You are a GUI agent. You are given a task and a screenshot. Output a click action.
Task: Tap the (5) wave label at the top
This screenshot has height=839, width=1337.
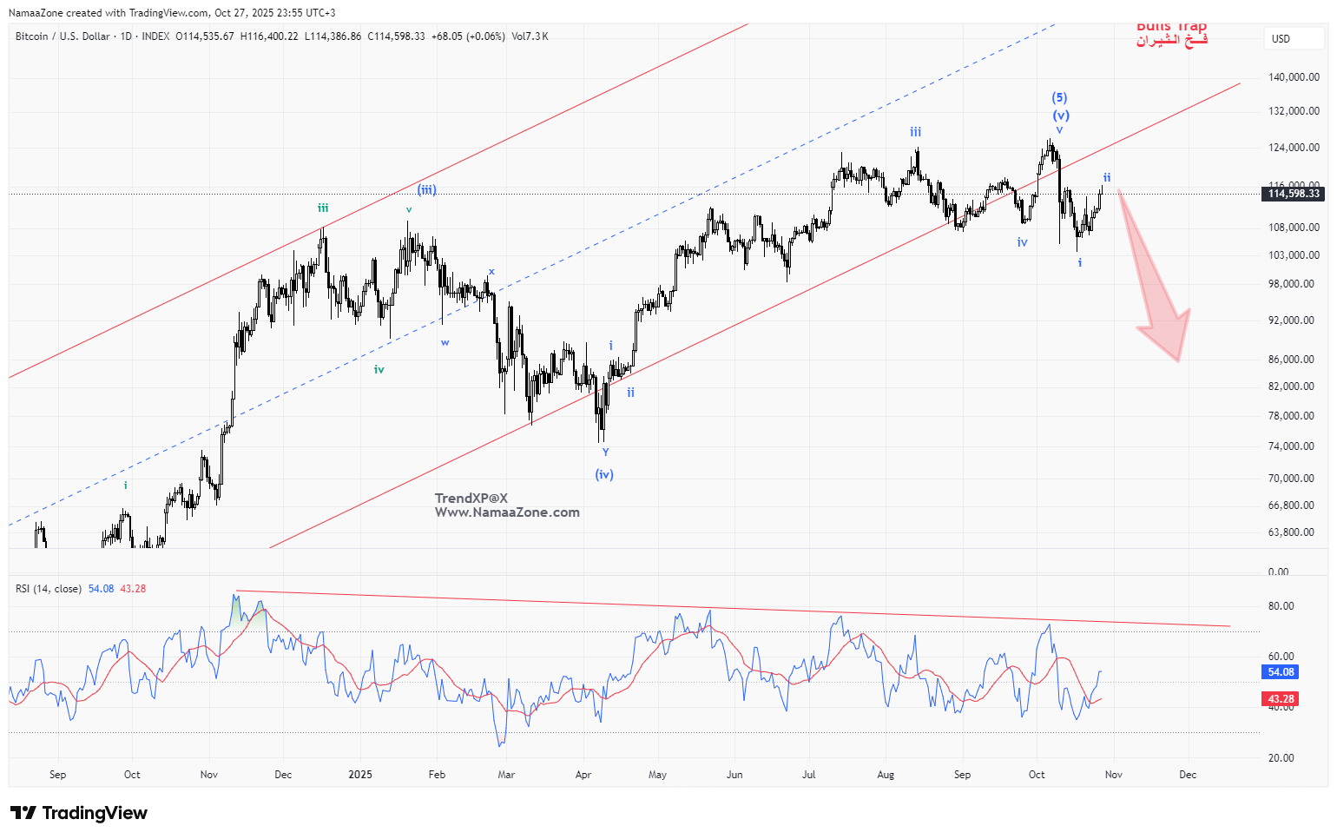(1059, 98)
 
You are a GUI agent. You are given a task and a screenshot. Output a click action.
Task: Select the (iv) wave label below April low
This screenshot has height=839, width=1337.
(604, 474)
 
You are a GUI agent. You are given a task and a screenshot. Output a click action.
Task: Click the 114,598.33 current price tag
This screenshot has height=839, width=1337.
(1294, 194)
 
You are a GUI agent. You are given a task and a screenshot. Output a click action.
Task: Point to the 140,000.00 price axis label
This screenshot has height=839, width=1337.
(1294, 77)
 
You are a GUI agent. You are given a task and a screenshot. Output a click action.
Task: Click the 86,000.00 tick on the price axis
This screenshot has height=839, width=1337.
(1291, 360)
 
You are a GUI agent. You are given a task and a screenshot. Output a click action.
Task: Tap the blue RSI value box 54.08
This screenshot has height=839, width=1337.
(1281, 672)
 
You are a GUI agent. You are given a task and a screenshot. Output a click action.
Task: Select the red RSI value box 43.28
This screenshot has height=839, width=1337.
(1281, 699)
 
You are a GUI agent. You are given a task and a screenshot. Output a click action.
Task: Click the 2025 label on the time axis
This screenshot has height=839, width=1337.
(359, 775)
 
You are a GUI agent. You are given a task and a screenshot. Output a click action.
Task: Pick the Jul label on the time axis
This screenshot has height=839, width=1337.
(808, 775)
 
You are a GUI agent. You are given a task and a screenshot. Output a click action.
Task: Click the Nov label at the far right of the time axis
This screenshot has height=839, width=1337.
(1113, 775)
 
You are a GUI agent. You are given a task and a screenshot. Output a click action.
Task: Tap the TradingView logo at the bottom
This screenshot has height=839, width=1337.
(79, 813)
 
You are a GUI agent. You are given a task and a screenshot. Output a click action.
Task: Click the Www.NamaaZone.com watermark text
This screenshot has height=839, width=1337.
(507, 512)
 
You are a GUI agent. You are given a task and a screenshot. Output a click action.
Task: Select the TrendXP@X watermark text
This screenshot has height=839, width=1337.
(471, 499)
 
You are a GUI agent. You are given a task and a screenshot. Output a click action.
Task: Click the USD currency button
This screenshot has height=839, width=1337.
(1281, 39)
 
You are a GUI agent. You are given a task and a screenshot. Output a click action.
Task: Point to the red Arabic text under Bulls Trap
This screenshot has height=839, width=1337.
(1171, 41)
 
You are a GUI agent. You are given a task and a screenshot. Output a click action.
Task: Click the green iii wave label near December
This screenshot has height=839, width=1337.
(323, 208)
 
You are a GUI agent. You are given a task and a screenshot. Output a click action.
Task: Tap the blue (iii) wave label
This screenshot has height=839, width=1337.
(426, 190)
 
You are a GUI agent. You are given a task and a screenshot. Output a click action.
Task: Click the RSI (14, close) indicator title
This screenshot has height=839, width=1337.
(49, 589)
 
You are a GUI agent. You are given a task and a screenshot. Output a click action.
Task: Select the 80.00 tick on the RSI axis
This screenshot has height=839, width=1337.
(1281, 606)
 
